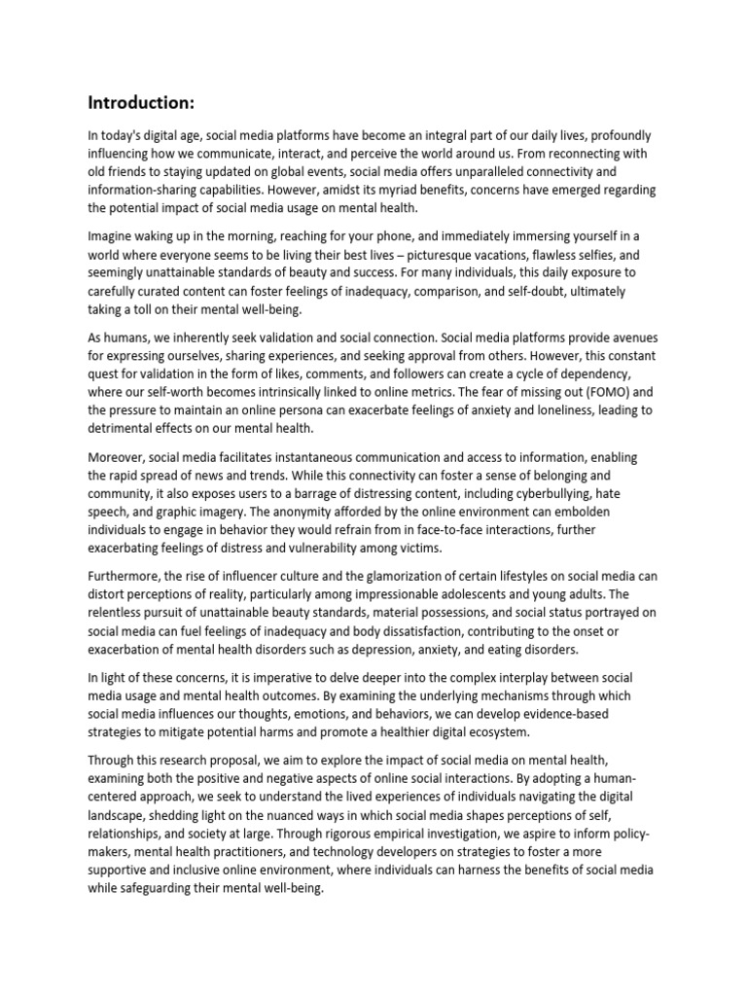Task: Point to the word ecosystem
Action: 493,731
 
